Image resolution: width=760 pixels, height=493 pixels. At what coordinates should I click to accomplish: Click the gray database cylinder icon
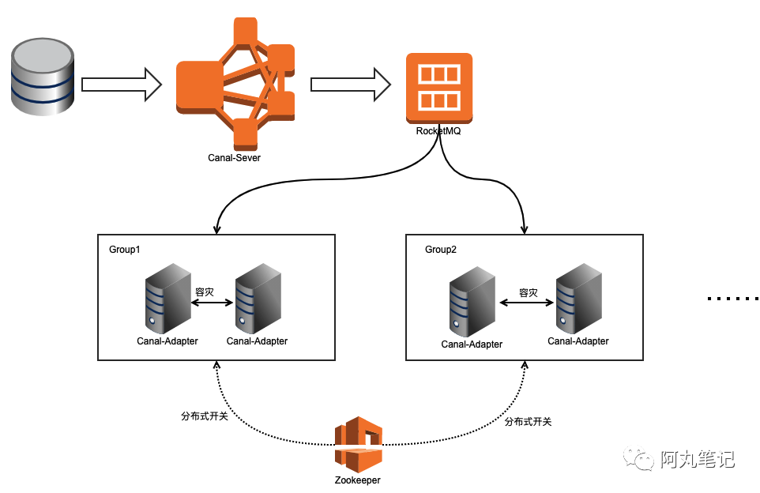tap(43, 79)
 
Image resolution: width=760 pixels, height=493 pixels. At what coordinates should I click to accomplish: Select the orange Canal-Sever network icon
tap(235, 82)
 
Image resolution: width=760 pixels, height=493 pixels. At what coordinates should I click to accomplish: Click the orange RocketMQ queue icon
tap(438, 87)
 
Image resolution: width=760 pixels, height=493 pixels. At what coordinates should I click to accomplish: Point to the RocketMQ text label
tap(438, 131)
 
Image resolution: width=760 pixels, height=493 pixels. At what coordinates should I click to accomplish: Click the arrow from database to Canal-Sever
tap(122, 84)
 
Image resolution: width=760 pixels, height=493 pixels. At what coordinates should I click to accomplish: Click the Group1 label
tap(125, 250)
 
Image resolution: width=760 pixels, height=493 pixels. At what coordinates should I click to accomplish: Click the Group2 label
tap(441, 250)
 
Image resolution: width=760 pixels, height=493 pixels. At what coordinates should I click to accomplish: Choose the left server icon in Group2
tap(472, 305)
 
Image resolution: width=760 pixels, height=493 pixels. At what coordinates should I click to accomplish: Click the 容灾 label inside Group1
tap(205, 292)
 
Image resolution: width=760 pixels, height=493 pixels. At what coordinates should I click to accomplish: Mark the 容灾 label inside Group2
tap(528, 293)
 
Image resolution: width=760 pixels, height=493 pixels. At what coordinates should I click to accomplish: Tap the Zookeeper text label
tap(358, 480)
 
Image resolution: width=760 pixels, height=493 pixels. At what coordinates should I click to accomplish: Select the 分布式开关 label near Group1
tap(205, 416)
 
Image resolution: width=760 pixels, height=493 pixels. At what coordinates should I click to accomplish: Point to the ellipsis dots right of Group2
tap(732, 299)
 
